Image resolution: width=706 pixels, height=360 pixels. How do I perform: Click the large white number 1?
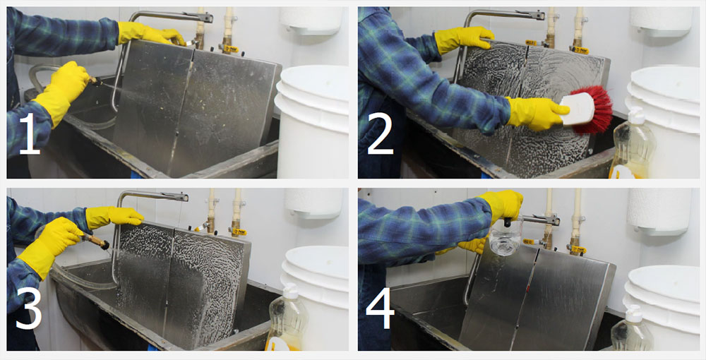29,133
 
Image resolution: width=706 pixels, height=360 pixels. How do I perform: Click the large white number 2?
381,133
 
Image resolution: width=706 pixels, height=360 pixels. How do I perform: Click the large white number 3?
29,308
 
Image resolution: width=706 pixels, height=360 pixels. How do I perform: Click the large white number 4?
381,308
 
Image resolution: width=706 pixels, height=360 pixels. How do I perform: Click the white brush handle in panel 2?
577,109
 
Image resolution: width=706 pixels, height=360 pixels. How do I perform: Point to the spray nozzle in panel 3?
96,241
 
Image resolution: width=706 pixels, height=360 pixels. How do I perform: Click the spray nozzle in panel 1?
93,80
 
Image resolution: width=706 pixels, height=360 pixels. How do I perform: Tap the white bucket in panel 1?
312,121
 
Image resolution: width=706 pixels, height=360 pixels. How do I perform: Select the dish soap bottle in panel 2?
632,144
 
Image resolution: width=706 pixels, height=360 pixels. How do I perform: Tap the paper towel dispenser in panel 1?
311,20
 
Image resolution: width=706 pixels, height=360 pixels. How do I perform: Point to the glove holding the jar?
501,205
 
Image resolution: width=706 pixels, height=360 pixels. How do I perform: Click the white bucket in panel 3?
315,297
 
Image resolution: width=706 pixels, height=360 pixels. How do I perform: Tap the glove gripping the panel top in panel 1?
151,33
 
